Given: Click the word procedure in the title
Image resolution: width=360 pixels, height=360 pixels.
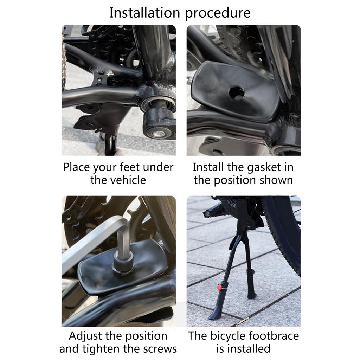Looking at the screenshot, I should pos(218,13).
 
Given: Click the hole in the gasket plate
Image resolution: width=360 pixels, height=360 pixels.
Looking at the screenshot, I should pos(236,92).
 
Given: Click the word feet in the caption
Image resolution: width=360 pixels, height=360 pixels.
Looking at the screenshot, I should pos(131,167).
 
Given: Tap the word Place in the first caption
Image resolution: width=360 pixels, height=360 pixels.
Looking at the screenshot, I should pos(77,167).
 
